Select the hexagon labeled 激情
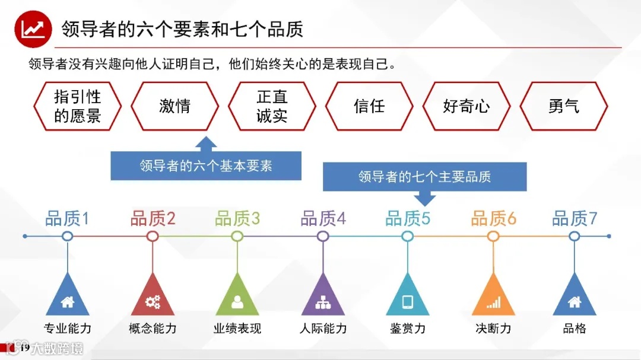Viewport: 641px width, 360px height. coord(174,106)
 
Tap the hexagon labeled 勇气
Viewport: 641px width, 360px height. coord(563,106)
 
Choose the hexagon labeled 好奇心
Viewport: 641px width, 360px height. coord(466,106)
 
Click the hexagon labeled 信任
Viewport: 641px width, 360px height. coord(369,106)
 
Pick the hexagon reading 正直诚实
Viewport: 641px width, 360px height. coord(272,106)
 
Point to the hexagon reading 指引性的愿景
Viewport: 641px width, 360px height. coord(77,106)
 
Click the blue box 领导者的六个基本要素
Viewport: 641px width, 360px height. coord(206,165)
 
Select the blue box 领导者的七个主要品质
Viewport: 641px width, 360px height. coord(424,177)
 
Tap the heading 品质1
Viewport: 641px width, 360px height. coord(67,219)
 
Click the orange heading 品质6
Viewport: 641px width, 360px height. coord(493,219)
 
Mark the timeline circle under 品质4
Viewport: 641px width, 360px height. coord(323,236)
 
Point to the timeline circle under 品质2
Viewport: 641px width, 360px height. coord(153,236)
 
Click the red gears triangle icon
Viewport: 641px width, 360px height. coord(153,300)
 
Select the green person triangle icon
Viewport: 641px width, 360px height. coord(237,300)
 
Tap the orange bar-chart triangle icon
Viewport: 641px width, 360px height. coord(493,300)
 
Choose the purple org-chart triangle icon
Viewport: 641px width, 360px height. coord(323,300)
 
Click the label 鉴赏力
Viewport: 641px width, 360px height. coord(408,329)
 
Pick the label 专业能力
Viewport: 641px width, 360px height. coord(67,329)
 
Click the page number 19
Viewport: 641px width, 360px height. coord(24,348)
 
